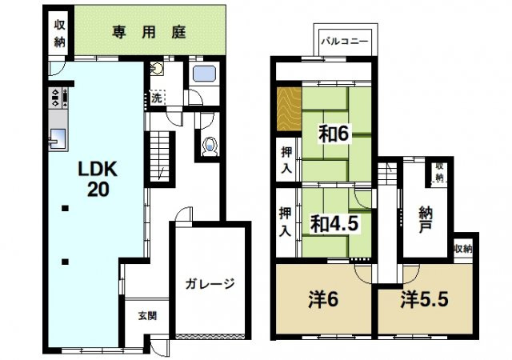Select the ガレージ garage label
[210, 283]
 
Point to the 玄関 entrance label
[146, 315]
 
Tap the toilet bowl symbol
[210, 146]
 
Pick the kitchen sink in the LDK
[58, 140]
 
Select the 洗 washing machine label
[158, 98]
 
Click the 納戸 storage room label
[426, 220]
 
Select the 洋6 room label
[322, 302]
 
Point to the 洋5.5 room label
[424, 302]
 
